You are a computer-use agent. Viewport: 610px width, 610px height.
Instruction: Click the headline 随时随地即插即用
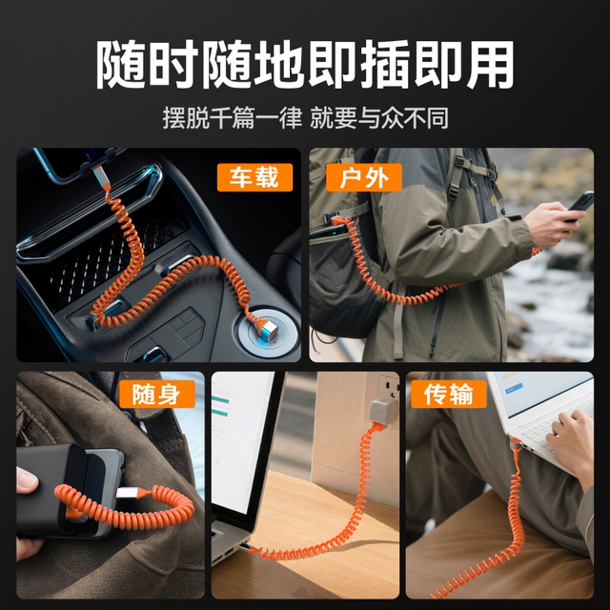[305, 65]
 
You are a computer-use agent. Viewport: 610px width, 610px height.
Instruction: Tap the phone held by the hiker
[579, 203]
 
